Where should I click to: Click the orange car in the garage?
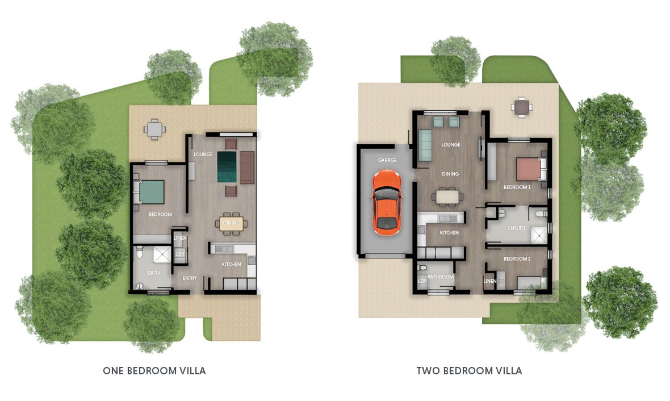coord(386,202)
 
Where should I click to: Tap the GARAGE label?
coord(387,160)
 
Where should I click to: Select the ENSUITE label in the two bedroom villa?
coord(517,228)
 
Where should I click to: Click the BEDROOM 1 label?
coord(517,187)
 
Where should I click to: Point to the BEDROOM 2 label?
coord(517,258)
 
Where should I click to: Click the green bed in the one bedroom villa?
coord(149,192)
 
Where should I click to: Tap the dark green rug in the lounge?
coord(227,167)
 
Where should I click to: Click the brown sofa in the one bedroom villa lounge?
coord(247,167)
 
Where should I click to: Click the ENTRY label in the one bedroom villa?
coord(190,278)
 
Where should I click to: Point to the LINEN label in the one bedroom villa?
coord(181,238)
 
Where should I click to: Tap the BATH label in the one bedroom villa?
coord(153,273)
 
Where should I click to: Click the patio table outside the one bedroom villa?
coord(154,129)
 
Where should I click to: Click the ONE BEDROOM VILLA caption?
coord(154,371)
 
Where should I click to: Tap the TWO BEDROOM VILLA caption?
coord(469,371)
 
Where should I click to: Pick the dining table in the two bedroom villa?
coord(447,197)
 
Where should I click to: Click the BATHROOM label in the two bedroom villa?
coord(441,277)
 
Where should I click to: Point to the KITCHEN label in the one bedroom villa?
coord(231,265)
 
